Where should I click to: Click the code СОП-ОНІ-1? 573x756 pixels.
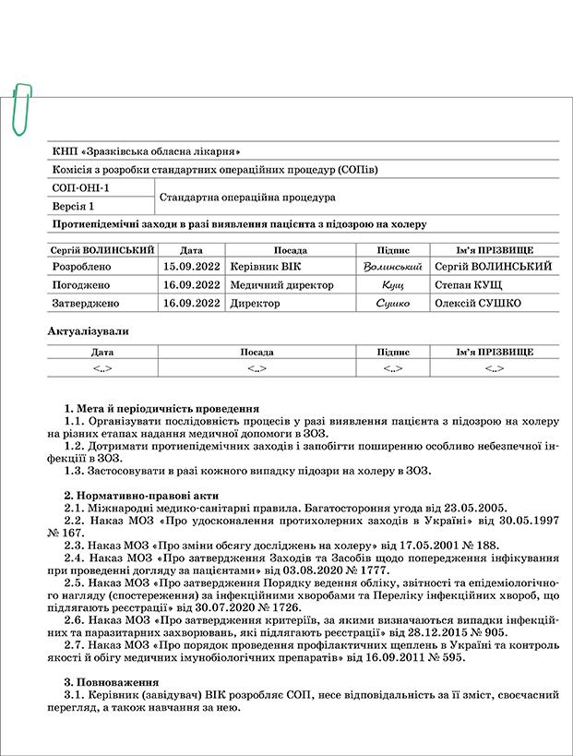[81, 188]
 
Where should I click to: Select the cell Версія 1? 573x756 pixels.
[73, 207]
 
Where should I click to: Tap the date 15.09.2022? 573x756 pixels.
[191, 266]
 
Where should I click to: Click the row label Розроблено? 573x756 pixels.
[83, 266]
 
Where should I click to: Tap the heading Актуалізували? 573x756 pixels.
[88, 330]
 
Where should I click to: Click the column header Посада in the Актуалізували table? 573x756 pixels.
[256, 352]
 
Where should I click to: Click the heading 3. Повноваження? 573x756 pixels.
[106, 680]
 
